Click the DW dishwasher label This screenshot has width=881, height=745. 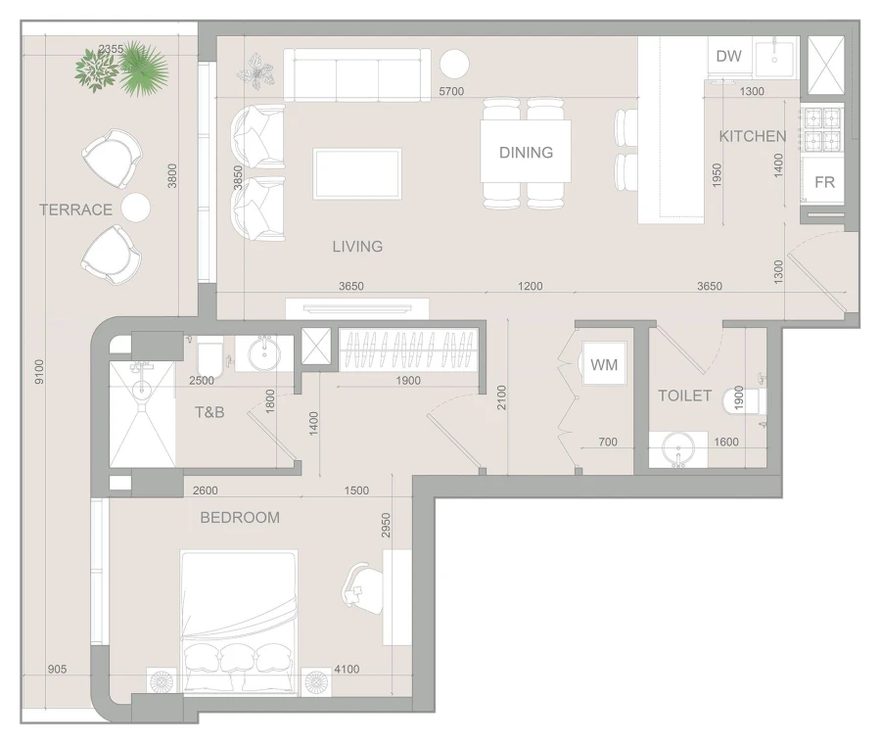pyautogui.click(x=728, y=56)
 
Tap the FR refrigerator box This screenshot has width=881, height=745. pyautogui.click(x=824, y=182)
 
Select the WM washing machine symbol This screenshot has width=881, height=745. pyautogui.click(x=604, y=365)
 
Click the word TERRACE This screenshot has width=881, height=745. pyautogui.click(x=75, y=210)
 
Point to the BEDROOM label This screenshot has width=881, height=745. pyautogui.click(x=240, y=518)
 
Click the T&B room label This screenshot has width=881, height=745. pyautogui.click(x=209, y=413)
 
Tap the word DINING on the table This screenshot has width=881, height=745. pyautogui.click(x=526, y=153)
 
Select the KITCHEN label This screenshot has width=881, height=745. pyautogui.click(x=752, y=136)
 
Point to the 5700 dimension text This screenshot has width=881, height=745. pyautogui.click(x=451, y=91)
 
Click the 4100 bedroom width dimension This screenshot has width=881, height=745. pyautogui.click(x=346, y=670)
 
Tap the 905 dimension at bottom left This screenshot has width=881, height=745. pyautogui.click(x=58, y=670)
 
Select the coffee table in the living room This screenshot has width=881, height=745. pyautogui.click(x=357, y=173)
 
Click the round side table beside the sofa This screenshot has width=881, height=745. pyautogui.click(x=454, y=65)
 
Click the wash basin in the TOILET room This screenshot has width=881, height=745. pyautogui.click(x=677, y=450)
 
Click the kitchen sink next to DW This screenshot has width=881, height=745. pyautogui.click(x=775, y=55)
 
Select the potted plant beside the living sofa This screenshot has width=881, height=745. pyautogui.click(x=259, y=70)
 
